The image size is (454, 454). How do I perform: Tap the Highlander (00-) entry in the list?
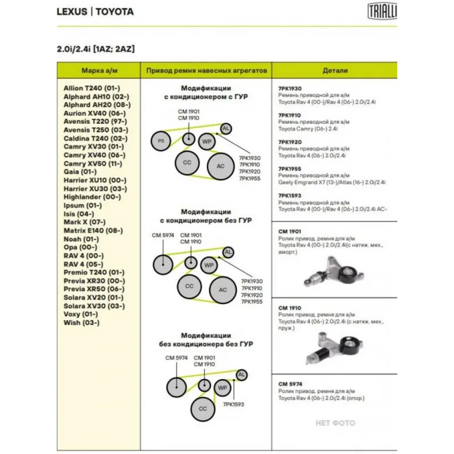pos(92,197)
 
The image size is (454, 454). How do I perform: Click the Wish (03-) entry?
pos(82,323)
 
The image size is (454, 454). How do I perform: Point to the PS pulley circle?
pos(161,141)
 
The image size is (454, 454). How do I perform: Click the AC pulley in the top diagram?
pos(220,166)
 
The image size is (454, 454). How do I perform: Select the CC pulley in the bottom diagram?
pos(202,408)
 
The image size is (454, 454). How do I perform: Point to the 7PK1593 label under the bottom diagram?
pos(234,405)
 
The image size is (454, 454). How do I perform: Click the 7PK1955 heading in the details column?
pos(290,169)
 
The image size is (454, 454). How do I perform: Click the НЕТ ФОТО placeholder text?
pos(335,423)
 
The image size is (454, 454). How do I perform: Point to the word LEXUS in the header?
pos(72,11)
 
